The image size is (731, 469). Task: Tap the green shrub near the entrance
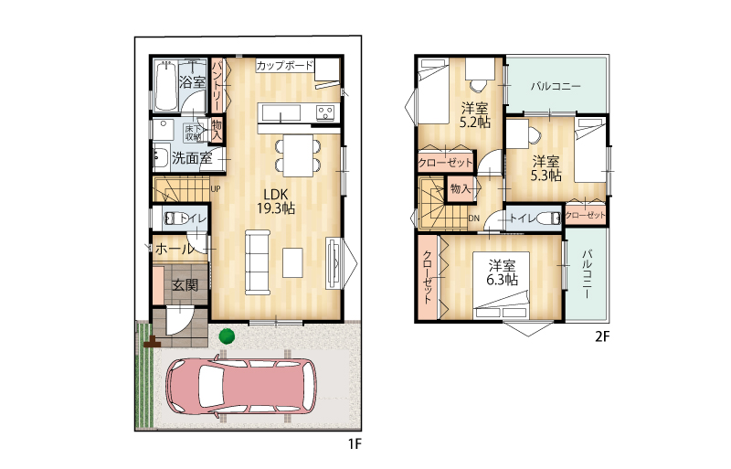click(227, 336)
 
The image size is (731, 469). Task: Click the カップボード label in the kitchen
click(284, 65)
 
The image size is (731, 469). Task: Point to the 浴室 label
click(192, 82)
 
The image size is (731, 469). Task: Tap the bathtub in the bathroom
click(166, 86)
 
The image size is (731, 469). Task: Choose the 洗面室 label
click(192, 158)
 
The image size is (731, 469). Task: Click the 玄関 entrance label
click(185, 284)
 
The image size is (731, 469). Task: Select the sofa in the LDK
click(258, 262)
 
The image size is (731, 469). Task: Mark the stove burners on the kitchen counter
click(325, 112)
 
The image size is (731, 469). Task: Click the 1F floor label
click(355, 443)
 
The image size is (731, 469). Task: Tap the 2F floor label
click(602, 336)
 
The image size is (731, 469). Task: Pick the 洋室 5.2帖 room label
click(474, 115)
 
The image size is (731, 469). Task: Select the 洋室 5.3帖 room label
click(546, 168)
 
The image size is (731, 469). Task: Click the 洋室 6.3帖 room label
click(502, 273)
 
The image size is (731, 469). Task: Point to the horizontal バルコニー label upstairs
click(556, 86)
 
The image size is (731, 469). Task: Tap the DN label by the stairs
click(473, 219)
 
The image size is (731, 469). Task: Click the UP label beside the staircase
click(216, 189)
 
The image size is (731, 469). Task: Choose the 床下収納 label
click(193, 133)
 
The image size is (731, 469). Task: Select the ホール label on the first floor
click(174, 249)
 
